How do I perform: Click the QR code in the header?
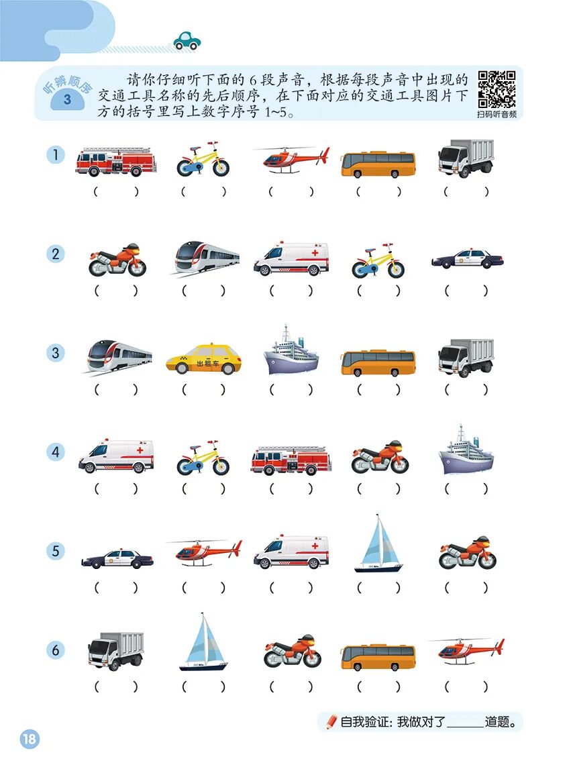coord(497,89)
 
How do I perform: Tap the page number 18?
coord(30,739)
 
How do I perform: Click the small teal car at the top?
coord(187,40)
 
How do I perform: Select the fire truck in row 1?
coord(115,162)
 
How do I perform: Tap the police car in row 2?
coord(467,259)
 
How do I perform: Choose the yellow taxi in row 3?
coord(204,360)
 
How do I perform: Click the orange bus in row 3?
coord(378,362)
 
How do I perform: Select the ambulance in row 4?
coord(115,457)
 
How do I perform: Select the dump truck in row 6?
coord(115,650)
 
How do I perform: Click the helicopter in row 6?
coord(467,650)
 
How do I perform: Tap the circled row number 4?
coord(56,452)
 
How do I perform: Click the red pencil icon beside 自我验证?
coord(331,722)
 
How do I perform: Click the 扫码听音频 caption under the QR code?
coord(497,115)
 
